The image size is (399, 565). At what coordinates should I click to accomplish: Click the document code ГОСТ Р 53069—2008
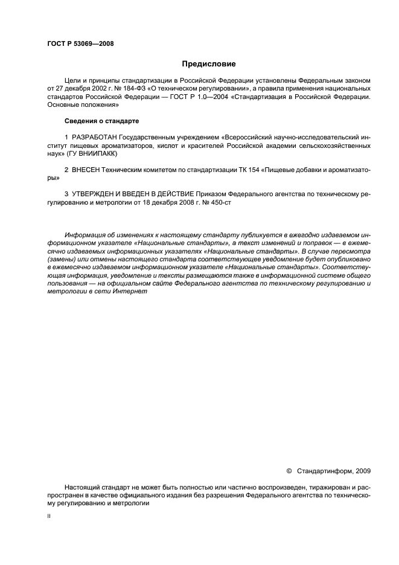[80, 43]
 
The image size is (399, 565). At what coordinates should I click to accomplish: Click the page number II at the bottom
[49, 516]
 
